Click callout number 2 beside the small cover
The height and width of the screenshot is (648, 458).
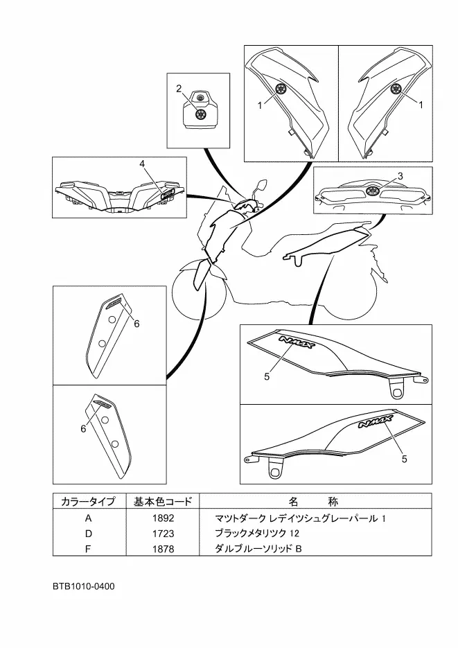[179, 88]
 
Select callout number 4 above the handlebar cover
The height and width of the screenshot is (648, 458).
[142, 164]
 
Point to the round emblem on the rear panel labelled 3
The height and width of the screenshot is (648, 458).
[371, 191]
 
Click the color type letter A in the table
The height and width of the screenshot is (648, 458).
[88, 518]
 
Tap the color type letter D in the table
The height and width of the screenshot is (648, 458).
[88, 534]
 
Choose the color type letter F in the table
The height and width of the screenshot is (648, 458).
[88, 549]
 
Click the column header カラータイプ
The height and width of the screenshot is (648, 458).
[88, 501]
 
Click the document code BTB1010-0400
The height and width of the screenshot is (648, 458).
[83, 586]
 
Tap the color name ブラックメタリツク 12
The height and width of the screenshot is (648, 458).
[257, 534]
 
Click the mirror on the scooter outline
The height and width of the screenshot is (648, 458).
[261, 185]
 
